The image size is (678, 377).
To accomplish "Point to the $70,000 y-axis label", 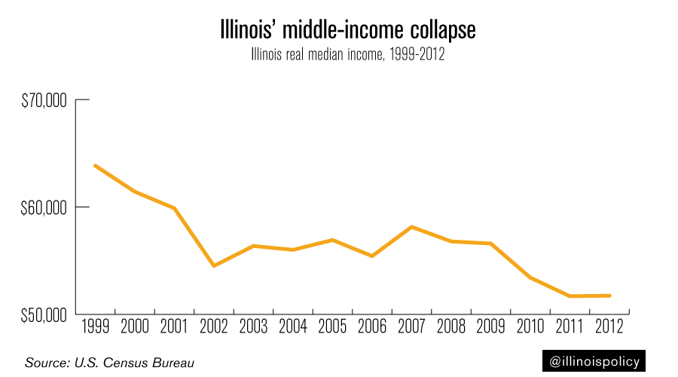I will tap(43, 100).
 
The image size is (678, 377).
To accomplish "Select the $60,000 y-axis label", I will tap(43, 207).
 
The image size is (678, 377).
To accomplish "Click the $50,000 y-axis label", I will tap(43, 314).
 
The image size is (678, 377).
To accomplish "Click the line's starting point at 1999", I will tap(95, 165).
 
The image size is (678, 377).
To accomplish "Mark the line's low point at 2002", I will tap(214, 265).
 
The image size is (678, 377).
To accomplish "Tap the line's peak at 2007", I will tap(411, 227).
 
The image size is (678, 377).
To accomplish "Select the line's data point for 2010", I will tap(530, 277).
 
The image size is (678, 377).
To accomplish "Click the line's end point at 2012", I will tap(609, 296).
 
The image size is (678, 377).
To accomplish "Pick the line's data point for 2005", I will tap(332, 240).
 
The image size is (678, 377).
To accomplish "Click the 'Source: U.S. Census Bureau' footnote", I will tap(110, 363).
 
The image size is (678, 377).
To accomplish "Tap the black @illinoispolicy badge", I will tap(595, 362).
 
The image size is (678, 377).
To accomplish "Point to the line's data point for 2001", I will tap(175, 208).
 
